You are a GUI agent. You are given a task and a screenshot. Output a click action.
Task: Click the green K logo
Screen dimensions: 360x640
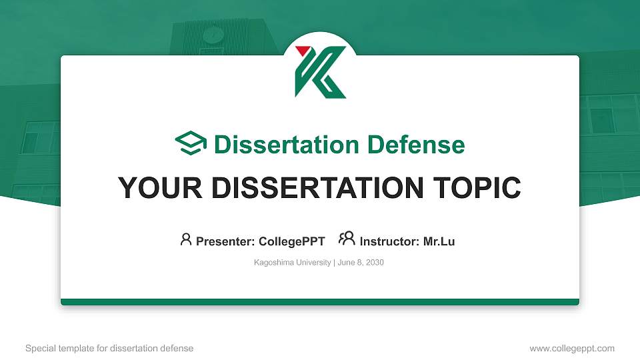point(321,73)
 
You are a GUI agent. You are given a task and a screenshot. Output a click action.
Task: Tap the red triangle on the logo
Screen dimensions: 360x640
point(302,51)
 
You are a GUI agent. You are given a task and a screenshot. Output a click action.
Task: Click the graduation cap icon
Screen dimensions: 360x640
point(191,143)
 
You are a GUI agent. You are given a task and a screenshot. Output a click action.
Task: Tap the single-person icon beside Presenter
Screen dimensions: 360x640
point(186,239)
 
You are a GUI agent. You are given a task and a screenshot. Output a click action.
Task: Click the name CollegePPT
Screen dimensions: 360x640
point(291,241)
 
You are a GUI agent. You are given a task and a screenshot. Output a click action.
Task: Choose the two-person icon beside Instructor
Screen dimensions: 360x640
point(347,239)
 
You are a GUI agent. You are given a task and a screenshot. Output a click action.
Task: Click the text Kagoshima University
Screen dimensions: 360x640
point(292,263)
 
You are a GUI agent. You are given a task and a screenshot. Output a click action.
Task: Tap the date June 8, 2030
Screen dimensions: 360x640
point(361,263)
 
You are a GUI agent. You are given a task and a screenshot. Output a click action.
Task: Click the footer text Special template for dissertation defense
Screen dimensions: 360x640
point(109,348)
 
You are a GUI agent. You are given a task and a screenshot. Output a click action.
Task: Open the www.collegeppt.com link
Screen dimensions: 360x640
point(572,348)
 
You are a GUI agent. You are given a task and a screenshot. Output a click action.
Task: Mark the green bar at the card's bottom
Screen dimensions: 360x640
point(320,302)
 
